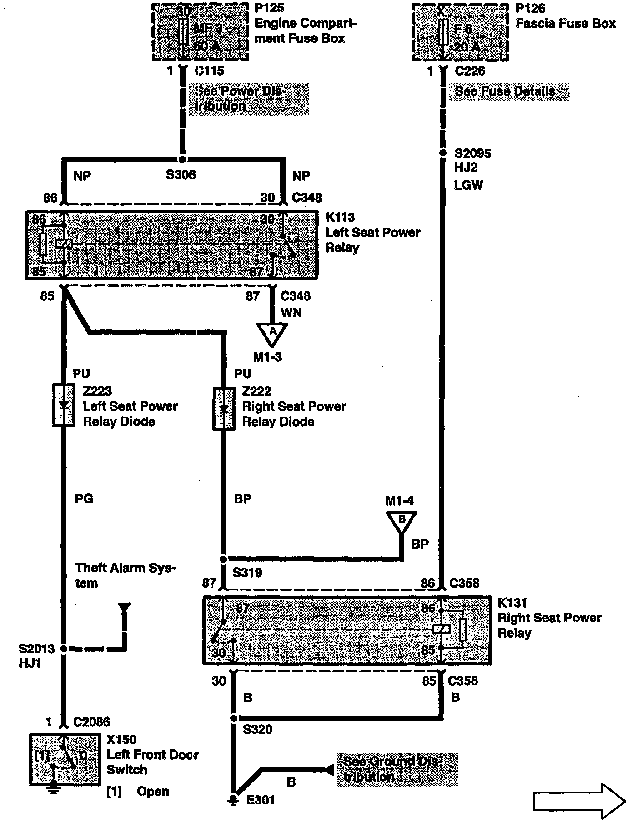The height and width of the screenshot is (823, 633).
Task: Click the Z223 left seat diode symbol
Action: click(x=64, y=406)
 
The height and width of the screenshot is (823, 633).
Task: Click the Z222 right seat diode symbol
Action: click(x=224, y=408)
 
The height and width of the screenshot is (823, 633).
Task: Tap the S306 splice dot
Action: click(x=182, y=159)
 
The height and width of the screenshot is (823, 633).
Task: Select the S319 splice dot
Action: click(x=223, y=559)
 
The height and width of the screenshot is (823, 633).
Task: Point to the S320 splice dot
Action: click(x=233, y=718)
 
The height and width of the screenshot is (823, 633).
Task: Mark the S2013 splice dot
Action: click(x=64, y=649)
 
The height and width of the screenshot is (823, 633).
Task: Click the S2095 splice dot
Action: click(x=443, y=153)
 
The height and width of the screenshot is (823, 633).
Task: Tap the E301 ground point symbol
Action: click(x=233, y=800)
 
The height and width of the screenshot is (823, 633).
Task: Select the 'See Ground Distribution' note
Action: click(x=397, y=769)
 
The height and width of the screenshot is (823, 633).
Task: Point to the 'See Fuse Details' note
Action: click(x=508, y=91)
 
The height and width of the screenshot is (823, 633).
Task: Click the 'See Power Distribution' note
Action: click(x=248, y=99)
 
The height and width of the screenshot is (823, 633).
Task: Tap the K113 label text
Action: click(x=340, y=217)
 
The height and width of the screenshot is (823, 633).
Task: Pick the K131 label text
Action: click(x=512, y=603)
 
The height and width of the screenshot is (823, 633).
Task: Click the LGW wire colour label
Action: click(x=468, y=185)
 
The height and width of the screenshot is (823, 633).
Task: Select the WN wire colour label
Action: click(x=291, y=313)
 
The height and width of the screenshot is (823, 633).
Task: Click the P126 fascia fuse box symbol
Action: click(x=460, y=32)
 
